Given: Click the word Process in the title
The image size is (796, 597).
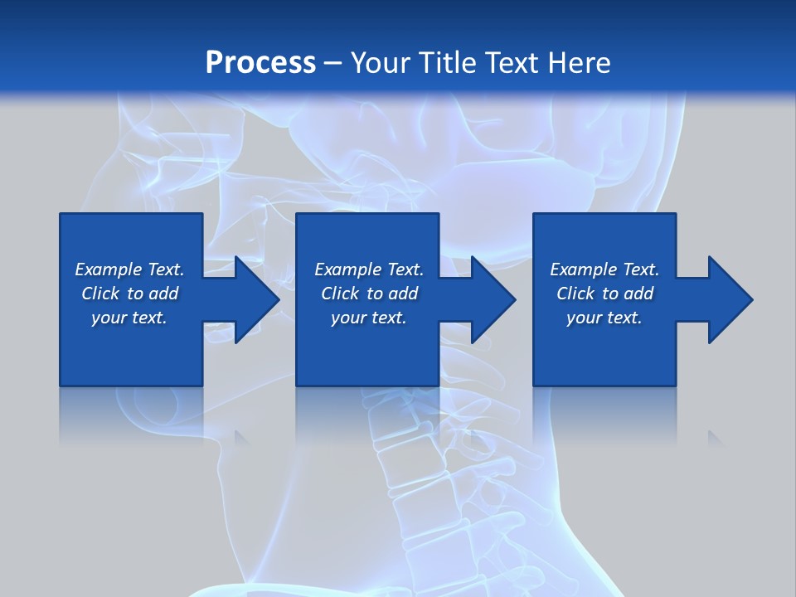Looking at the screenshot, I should pos(260,62).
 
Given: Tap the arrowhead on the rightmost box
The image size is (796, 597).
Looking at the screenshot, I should pos(729,299).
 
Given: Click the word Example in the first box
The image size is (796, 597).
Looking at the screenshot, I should pos(109,269).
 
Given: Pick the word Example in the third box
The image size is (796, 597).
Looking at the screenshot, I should pos(584,269).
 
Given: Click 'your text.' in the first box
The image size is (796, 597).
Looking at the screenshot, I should pos(129,318).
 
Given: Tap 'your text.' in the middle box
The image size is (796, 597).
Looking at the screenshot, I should pos(369,318).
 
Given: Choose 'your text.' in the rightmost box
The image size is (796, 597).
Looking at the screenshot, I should pos(604,318).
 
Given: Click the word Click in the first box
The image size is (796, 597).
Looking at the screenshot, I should pos(100,294).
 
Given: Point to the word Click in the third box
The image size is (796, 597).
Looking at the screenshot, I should pos(575,294).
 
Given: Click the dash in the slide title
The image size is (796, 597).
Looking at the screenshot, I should pos(333,62).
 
